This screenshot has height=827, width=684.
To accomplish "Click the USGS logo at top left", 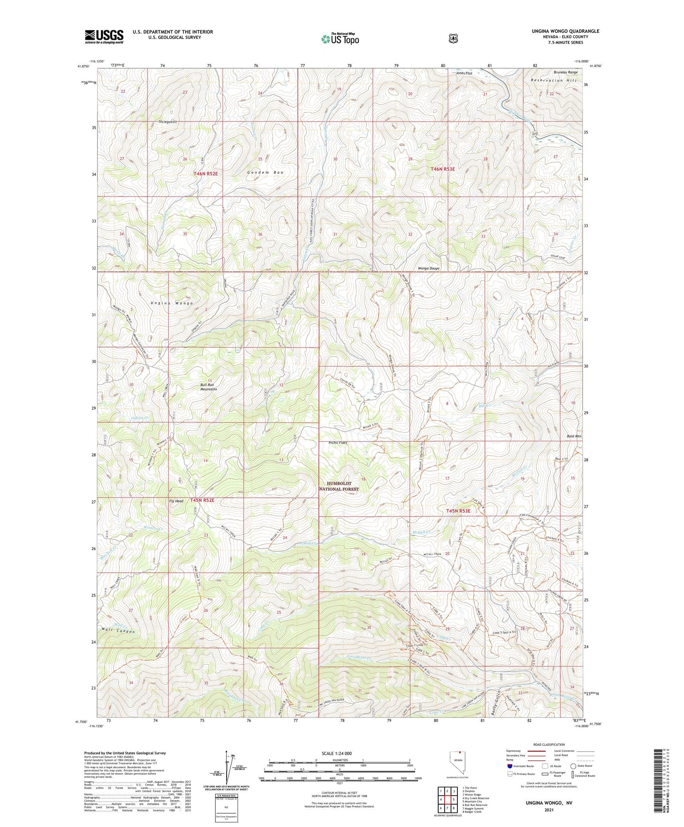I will coord(104,36).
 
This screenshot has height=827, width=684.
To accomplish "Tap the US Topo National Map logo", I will coord(340,39).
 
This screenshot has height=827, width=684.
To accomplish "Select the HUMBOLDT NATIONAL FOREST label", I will coord(339,486).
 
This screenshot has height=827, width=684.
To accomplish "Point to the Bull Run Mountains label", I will coord(208,387).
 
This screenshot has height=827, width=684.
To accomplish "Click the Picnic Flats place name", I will coord(338,442).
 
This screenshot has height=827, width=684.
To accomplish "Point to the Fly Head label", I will coord(176,501).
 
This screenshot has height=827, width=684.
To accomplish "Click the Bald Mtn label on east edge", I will coord(574,437).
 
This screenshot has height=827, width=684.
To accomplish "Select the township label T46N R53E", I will coord(443,169).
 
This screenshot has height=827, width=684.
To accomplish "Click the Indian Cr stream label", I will coord(140,418).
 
